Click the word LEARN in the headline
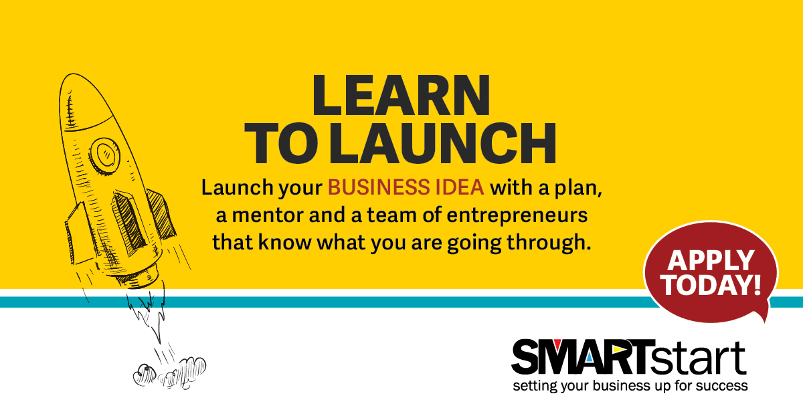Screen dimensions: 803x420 pos(401,95)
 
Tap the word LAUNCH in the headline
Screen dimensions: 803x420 pos(443,143)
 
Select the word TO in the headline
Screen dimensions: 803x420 pos(281,143)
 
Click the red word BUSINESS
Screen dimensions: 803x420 pos(379,187)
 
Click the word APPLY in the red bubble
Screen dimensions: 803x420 pos(711,260)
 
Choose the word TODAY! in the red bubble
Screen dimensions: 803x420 pos(711,285)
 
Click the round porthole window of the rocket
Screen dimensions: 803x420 pos(104,154)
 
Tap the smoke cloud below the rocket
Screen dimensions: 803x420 pos(169,373)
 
